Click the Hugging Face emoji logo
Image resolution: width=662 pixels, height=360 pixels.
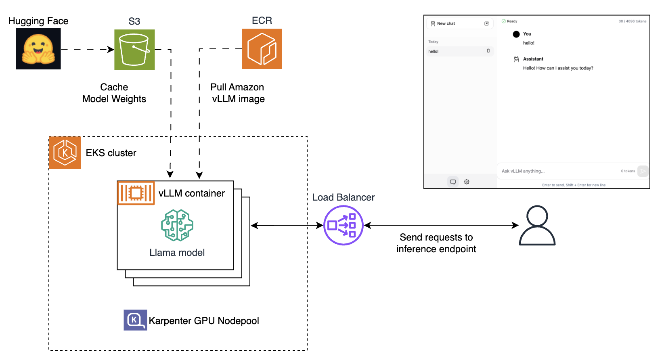coord(38,49)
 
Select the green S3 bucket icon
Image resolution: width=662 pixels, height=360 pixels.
coord(134,49)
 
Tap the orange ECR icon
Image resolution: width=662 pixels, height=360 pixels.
coord(262,49)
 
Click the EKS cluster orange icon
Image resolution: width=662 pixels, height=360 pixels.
coord(65,153)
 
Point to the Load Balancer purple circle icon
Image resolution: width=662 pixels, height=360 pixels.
coord(344,225)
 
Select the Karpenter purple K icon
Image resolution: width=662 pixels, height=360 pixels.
coord(135,320)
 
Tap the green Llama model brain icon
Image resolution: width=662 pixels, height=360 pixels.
coord(177,225)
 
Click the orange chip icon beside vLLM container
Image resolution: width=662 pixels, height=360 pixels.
coord(136,193)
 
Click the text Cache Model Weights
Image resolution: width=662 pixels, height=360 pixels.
coord(114,93)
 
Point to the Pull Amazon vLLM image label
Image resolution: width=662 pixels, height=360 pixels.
coord(238,93)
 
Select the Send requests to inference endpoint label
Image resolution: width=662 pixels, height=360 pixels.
coord(436,243)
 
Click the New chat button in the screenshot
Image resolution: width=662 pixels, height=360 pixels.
coord(446,23)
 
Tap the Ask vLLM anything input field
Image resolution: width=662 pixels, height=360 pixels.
coord(557,171)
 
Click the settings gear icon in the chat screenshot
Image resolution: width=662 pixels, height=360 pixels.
coord(467,182)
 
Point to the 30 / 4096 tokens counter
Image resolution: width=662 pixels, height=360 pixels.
coord(632,21)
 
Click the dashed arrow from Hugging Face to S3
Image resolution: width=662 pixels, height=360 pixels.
coord(87,49)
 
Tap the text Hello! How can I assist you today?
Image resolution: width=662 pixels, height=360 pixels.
coord(558,68)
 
